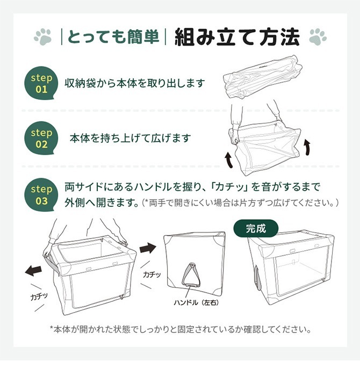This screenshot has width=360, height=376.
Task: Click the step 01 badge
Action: pos(41,83)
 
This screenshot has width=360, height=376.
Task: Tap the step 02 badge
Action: pos(41,138)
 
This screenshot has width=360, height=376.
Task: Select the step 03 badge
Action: pos(41,194)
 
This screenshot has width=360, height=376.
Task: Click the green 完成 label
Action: pos(256,228)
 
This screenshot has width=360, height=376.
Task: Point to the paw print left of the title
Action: pos(42,37)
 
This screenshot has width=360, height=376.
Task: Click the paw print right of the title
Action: pos(318,37)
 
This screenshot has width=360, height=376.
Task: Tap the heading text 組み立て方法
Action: pos(237,37)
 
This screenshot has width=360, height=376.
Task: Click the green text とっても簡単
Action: pos(113,37)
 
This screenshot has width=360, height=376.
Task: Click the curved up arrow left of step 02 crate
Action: pos(229,161)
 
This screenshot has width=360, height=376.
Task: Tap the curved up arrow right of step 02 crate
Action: pos(307,147)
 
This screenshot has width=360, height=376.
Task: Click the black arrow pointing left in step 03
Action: pos(33,271)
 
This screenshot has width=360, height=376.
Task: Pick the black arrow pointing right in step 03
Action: pos(148,248)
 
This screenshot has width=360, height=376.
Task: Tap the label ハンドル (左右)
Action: pos(196,303)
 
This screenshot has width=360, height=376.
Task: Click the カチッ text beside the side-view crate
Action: pos(152,274)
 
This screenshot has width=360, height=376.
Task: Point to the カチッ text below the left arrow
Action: pos(39,297)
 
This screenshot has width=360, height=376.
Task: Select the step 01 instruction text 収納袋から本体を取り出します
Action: pos(135,83)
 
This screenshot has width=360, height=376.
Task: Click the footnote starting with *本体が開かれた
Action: pos(181,329)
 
